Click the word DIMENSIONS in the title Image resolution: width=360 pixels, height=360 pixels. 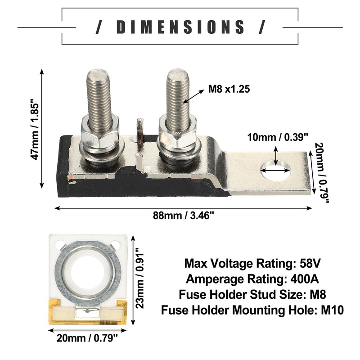point(180,27)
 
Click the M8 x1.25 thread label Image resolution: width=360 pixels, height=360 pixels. point(229,89)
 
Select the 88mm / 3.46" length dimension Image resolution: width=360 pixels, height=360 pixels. point(183,216)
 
